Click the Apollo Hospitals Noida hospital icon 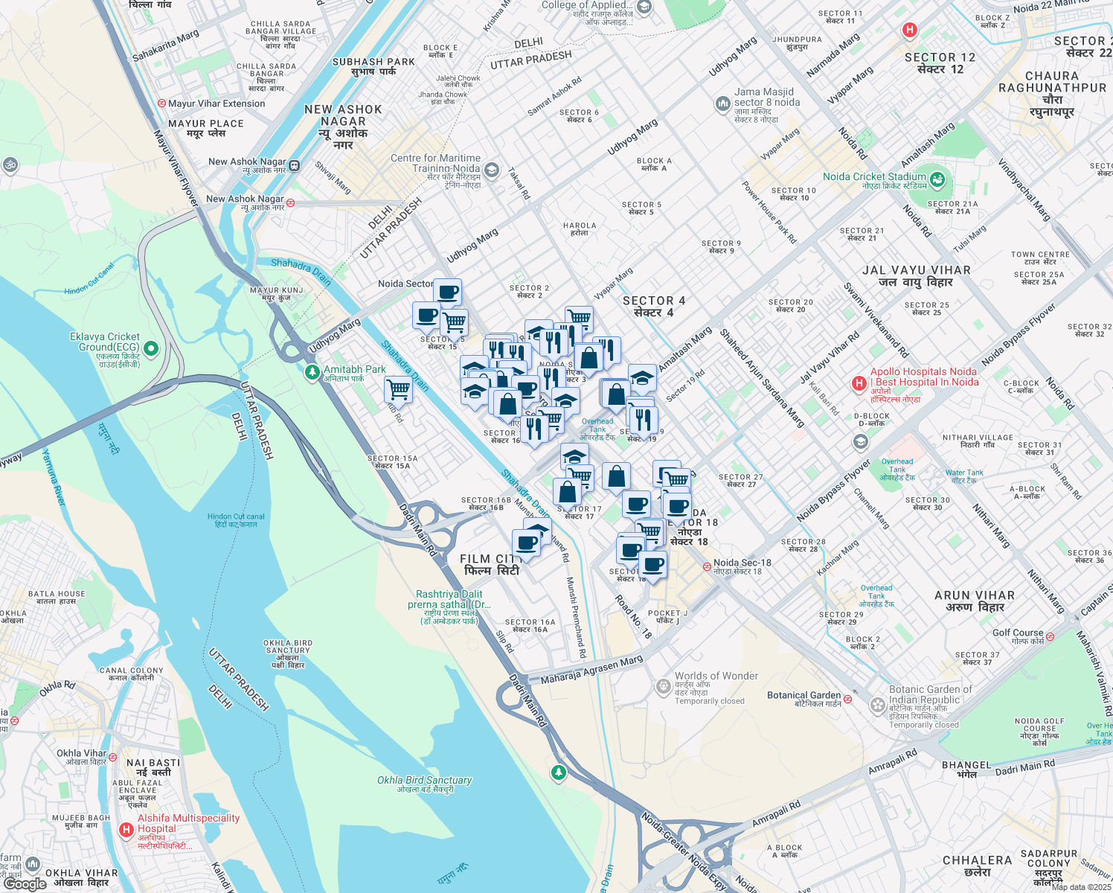tap(859, 383)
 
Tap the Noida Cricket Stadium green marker tap(937, 179)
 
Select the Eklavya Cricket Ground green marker tap(151, 348)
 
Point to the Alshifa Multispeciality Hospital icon tap(126, 829)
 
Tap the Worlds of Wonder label tap(716, 676)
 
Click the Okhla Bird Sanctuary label tap(424, 780)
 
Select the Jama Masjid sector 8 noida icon tap(723, 104)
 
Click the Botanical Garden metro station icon tap(847, 699)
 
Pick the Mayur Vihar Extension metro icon tap(161, 103)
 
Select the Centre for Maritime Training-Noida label tap(436, 163)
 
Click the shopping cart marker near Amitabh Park tap(399, 389)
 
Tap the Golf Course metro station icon tap(1050, 636)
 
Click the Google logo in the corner tap(25, 883)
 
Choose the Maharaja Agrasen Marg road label tap(591, 670)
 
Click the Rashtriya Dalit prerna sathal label tap(449, 599)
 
